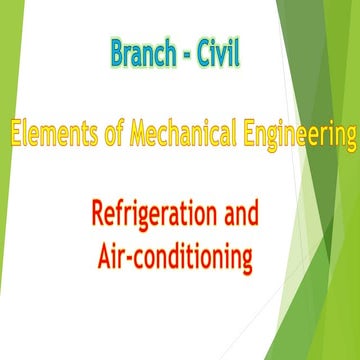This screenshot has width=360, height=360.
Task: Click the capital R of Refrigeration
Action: [98, 214]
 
